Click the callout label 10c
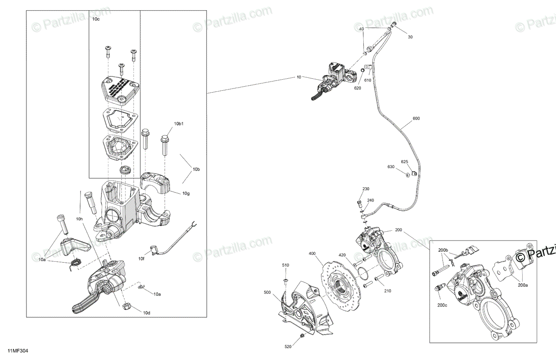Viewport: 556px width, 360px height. (95, 19)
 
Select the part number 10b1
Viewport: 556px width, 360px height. (179, 124)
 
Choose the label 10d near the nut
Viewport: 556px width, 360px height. (146, 313)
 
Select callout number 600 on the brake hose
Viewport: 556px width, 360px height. (416, 119)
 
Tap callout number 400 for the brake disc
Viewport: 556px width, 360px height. (312, 253)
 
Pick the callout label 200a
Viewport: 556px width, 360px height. (523, 286)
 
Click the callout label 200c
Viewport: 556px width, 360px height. (442, 305)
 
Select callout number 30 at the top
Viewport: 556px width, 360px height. (410, 37)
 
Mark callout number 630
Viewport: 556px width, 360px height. (391, 167)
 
